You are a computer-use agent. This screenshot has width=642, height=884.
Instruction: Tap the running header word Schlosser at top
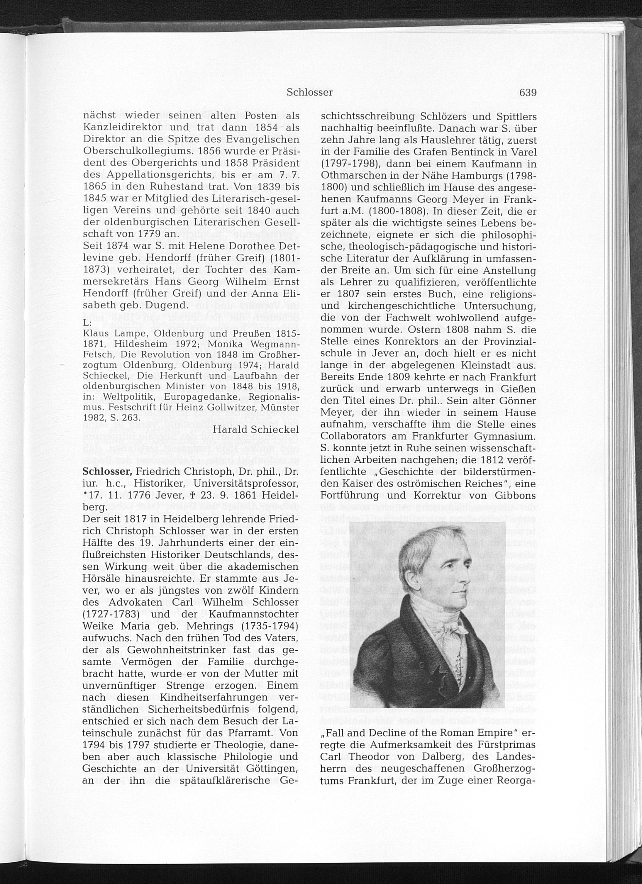309,93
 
